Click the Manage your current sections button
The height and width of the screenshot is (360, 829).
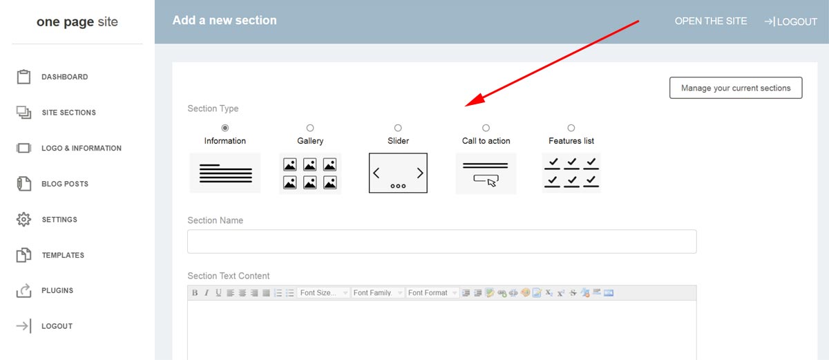point(735,88)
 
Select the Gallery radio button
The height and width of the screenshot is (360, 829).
point(310,128)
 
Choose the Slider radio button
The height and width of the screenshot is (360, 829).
point(398,128)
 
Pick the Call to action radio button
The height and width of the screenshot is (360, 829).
point(486,128)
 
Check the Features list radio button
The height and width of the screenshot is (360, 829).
point(571,128)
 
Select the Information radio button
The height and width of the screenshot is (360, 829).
point(225,128)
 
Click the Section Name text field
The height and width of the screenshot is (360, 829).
point(441,242)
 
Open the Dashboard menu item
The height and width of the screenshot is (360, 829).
point(64,77)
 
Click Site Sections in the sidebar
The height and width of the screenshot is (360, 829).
point(68,113)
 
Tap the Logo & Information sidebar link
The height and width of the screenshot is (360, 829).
point(81,148)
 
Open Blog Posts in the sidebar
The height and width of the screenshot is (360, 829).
point(64,184)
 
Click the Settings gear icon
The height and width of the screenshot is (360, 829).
point(24,220)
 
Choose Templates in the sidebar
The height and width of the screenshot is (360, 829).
point(62,255)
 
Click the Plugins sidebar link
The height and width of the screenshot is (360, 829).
point(57,291)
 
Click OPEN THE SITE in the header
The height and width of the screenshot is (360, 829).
point(711,21)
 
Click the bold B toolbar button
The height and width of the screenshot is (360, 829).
point(195,293)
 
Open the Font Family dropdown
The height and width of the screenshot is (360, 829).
point(377,293)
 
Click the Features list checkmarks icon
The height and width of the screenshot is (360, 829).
point(571,173)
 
